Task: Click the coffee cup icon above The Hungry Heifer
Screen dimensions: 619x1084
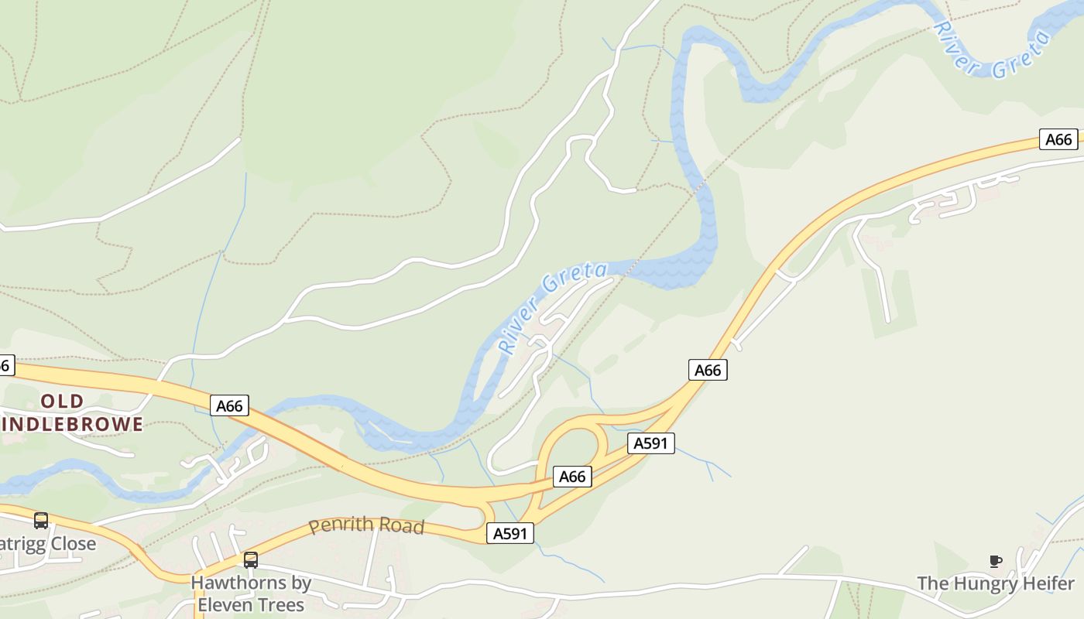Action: point(996,561)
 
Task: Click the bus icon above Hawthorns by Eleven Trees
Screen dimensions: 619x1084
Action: point(251,559)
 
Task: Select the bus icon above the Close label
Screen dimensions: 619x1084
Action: point(41,521)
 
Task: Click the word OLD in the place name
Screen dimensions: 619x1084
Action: point(62,401)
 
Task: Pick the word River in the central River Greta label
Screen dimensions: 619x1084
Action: point(517,326)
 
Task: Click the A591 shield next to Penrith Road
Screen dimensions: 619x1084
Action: point(510,533)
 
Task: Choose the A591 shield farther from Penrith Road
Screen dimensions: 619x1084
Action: point(651,443)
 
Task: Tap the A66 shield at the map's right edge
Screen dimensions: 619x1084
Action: point(1058,139)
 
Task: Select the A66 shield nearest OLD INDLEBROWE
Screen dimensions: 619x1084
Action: point(230,405)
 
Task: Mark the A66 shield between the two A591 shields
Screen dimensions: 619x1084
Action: point(572,477)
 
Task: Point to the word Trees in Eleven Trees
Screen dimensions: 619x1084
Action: point(281,604)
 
